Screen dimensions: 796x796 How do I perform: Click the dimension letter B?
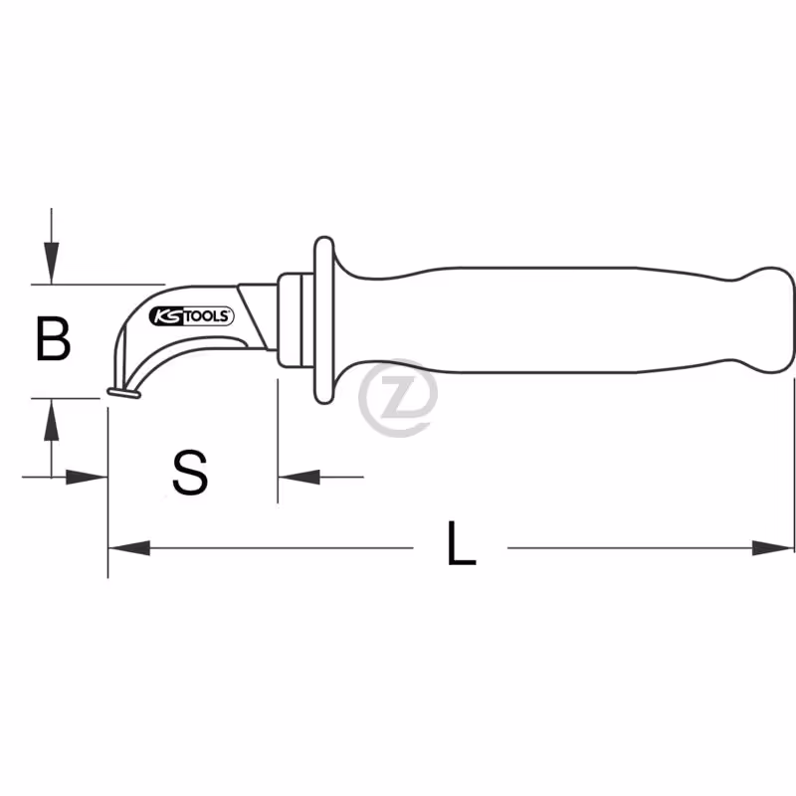[54, 338]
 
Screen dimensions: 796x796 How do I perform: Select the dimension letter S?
[190, 473]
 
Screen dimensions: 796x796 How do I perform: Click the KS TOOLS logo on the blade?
[191, 316]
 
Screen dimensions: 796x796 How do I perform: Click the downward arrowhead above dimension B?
[51, 263]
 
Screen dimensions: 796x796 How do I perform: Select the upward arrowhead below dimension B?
[51, 420]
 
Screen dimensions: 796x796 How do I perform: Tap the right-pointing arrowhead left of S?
[87, 478]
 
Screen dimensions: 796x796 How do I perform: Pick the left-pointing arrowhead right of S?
[299, 478]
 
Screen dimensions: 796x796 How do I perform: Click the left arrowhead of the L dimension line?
[129, 548]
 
